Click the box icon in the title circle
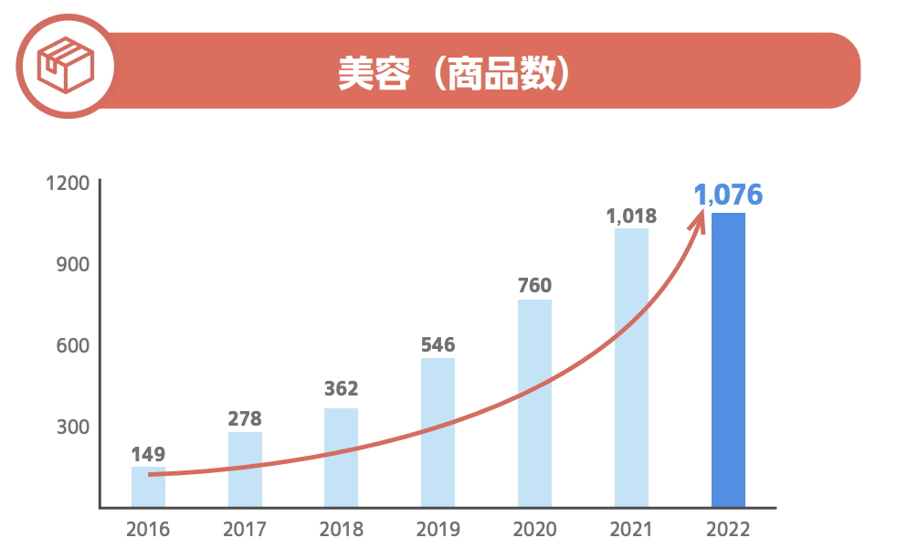65,66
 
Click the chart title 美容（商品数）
454,74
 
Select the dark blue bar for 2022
728,360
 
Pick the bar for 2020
534,403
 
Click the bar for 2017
245,469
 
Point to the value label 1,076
728,195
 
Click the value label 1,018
631,216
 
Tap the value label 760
534,285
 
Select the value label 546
438,344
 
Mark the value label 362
342,389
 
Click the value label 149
148,454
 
